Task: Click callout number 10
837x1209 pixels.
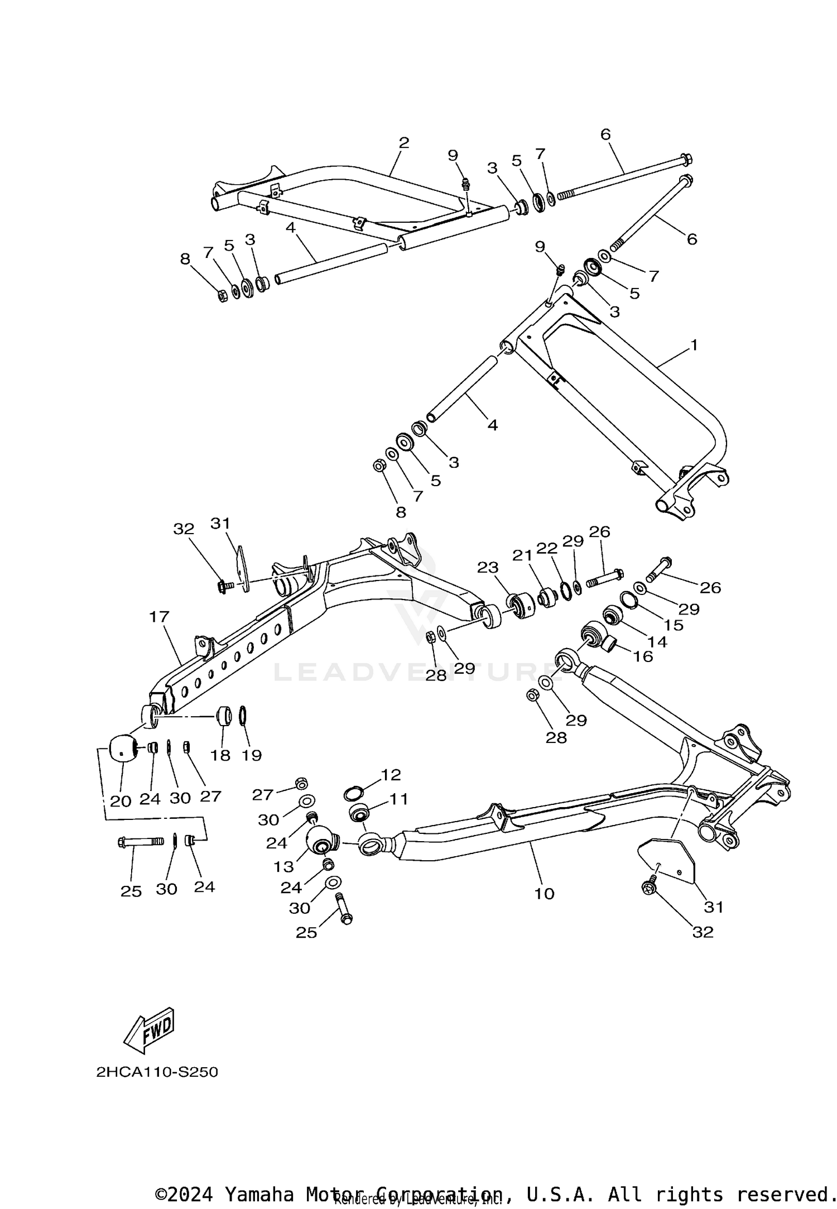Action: [x=544, y=894]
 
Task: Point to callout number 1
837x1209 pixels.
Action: [x=694, y=345]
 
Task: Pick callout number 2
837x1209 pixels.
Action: [x=404, y=143]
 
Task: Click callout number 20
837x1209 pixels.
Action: [x=121, y=801]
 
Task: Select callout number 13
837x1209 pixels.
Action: [x=283, y=866]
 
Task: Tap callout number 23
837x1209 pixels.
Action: [x=487, y=567]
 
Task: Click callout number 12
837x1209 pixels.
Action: [x=391, y=775]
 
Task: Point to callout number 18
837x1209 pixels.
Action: [x=220, y=755]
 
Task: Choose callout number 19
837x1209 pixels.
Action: [x=252, y=755]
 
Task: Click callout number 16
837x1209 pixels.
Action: [x=643, y=656]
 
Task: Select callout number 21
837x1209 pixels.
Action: [x=523, y=555]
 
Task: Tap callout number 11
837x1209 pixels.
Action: [x=398, y=799]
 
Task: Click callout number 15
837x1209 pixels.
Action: [x=674, y=625]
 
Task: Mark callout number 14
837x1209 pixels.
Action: [x=657, y=642]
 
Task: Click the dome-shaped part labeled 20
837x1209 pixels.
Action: [x=123, y=748]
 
